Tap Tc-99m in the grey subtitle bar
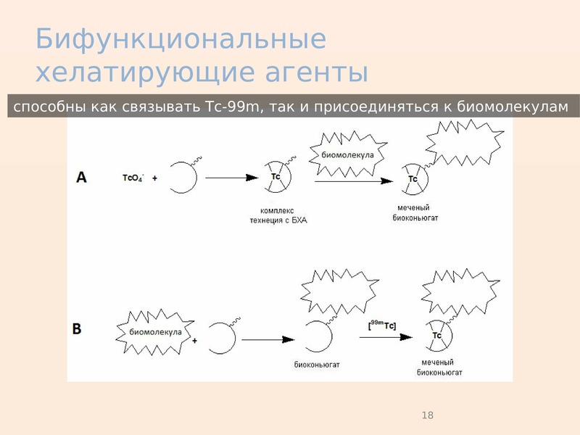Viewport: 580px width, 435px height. tap(231, 107)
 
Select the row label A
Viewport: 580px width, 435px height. tap(81, 177)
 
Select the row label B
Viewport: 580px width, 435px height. tap(77, 328)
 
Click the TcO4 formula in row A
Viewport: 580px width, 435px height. tap(133, 178)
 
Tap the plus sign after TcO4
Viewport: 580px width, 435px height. tap(154, 178)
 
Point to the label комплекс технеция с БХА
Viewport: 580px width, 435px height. tap(278, 215)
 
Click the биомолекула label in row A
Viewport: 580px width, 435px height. tap(347, 154)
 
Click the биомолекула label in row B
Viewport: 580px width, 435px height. tap(155, 332)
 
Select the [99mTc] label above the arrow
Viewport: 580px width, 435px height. tap(382, 325)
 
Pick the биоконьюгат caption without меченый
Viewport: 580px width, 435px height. tap(317, 365)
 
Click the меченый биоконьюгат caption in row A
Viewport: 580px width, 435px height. tap(415, 212)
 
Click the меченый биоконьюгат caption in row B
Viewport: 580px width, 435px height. tap(439, 368)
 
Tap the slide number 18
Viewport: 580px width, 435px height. tap(427, 415)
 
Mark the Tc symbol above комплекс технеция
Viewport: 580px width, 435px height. tap(276, 176)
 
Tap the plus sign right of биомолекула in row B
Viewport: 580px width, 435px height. tap(194, 340)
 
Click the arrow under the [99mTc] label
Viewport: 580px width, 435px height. tap(386, 337)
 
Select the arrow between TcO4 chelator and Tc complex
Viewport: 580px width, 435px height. tap(231, 178)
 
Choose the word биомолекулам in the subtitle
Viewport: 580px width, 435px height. tap(513, 107)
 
